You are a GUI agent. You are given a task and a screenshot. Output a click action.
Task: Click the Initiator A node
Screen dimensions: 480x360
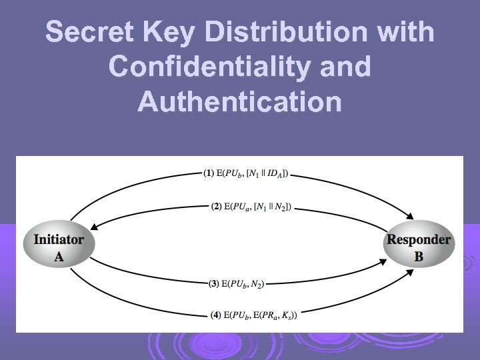59,247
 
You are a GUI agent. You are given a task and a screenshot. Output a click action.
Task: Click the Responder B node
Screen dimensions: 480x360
419,247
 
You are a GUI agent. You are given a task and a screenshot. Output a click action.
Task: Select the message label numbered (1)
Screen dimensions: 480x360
246,175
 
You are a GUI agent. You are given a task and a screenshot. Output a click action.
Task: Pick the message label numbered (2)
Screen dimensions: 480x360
251,207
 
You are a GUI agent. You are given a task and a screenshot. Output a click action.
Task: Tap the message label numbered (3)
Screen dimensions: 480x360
237,284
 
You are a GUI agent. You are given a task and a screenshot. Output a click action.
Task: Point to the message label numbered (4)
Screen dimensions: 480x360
253,315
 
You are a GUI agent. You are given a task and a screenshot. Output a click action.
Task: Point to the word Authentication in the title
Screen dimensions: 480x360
240,102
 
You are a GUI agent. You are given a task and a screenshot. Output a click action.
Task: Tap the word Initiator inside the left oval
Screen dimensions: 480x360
59,239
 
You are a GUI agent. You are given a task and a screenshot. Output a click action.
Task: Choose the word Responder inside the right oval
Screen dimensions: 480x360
419,239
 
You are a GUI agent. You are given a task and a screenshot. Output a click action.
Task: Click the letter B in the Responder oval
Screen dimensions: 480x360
419,256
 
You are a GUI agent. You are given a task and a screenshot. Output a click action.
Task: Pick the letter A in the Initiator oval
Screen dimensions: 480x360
59,256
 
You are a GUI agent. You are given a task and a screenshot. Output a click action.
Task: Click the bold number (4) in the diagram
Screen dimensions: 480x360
216,315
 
